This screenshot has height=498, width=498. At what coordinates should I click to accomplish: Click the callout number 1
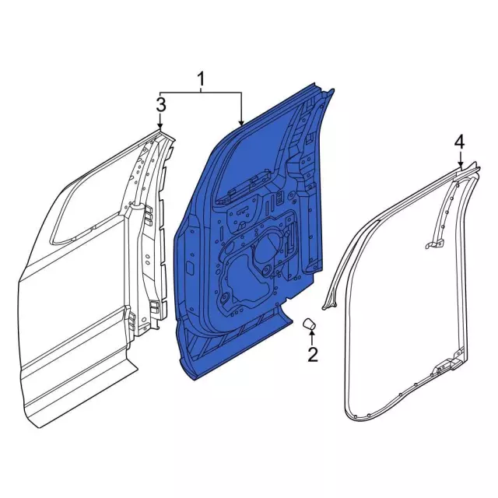tap(201, 79)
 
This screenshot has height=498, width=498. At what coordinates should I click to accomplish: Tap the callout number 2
tap(312, 356)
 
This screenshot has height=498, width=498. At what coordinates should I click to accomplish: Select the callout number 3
tap(160, 104)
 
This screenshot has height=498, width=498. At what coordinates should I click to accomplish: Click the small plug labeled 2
tap(309, 323)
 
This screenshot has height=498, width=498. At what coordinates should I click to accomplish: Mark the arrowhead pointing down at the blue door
tap(242, 122)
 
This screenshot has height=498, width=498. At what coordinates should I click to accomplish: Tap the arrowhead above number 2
tap(311, 335)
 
